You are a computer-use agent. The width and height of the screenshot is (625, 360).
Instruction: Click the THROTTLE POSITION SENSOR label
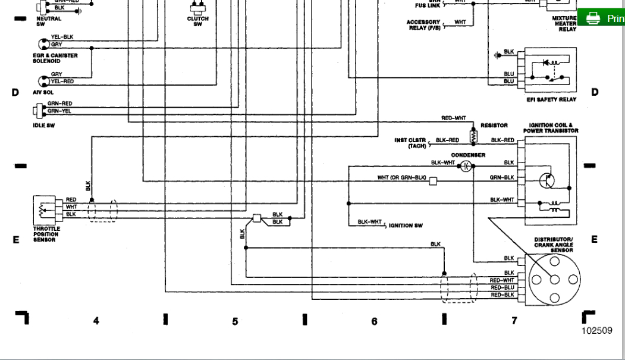(x=46, y=234)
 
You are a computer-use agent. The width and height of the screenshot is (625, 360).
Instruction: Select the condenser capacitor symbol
(x=467, y=167)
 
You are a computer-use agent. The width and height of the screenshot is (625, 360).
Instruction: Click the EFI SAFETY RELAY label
(x=551, y=100)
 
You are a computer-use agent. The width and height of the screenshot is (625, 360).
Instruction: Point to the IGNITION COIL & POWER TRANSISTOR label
(x=551, y=128)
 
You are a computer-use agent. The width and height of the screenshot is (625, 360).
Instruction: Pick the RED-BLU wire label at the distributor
(x=501, y=287)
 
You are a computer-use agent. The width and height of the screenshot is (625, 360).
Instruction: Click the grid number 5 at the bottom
(x=235, y=321)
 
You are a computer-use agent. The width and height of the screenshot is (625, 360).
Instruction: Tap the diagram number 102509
(x=597, y=331)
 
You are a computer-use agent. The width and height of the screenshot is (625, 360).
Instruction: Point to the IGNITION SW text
(x=406, y=226)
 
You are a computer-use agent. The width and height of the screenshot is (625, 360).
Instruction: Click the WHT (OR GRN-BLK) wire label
(x=401, y=178)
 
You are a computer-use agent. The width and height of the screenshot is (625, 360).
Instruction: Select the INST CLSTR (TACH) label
(x=410, y=143)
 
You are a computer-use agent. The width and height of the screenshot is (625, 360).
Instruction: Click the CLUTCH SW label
(x=197, y=21)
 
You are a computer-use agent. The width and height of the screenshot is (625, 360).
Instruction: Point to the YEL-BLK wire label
(x=62, y=37)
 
